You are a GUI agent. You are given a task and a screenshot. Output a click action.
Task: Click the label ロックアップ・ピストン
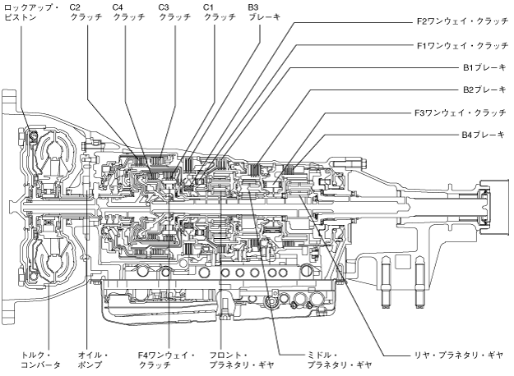pyautogui.click(x=31, y=12)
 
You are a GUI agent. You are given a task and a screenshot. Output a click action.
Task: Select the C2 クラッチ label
pyautogui.click(x=86, y=12)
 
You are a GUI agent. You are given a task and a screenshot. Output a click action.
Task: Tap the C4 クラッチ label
pyautogui.click(x=128, y=12)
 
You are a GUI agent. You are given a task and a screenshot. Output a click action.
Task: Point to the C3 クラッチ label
pyautogui.click(x=174, y=12)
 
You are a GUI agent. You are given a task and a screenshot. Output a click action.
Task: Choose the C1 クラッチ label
pyautogui.click(x=220, y=12)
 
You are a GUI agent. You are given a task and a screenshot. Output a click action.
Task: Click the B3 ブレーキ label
pyautogui.click(x=264, y=12)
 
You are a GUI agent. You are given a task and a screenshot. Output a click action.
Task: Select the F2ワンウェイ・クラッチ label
pyautogui.click(x=462, y=21)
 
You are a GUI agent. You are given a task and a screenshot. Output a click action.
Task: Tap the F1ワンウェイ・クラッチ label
pyautogui.click(x=462, y=45)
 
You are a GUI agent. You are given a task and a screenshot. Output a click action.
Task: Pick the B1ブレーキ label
pyautogui.click(x=484, y=68)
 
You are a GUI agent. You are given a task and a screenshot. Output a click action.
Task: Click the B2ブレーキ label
pyautogui.click(x=484, y=89)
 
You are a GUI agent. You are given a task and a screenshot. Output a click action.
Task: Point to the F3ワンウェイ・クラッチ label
pyautogui.click(x=461, y=113)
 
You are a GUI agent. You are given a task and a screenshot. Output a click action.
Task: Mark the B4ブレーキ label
pyautogui.click(x=484, y=135)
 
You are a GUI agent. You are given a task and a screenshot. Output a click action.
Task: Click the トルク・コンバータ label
pyautogui.click(x=40, y=360)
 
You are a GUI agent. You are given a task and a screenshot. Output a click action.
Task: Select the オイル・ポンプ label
pyautogui.click(x=93, y=360)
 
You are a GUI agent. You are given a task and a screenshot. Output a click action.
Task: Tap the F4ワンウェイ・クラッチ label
pyautogui.click(x=166, y=360)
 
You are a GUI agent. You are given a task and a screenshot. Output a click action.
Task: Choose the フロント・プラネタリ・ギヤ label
pyautogui.click(x=241, y=360)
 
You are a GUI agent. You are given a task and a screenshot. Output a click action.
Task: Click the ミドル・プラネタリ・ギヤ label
pyautogui.click(x=340, y=360)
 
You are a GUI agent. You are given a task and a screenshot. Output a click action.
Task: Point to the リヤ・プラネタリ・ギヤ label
pyautogui.click(x=459, y=355)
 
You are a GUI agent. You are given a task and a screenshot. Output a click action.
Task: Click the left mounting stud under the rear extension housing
pyautogui.click(x=387, y=282)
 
